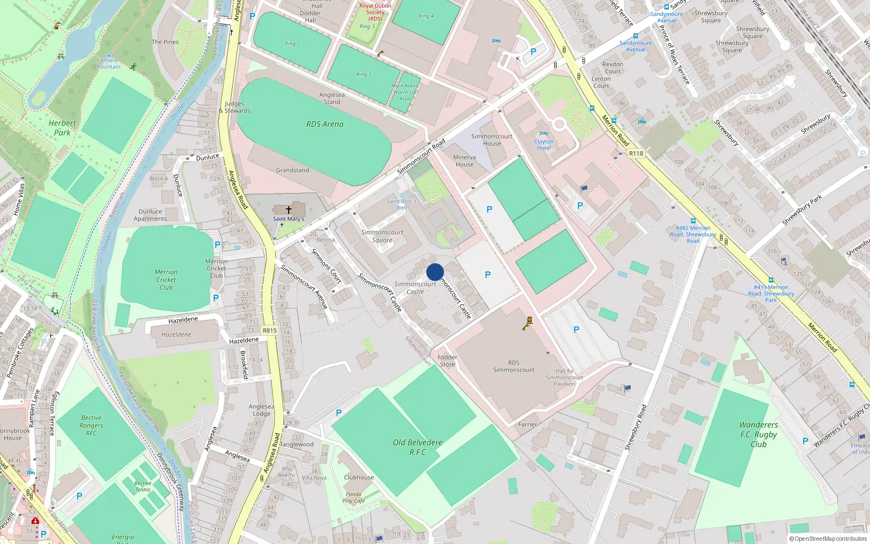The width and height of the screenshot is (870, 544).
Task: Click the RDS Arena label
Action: pos(325,124)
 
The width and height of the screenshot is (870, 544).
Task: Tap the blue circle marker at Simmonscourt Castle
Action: pos(435,272)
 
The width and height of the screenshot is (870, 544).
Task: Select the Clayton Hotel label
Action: pos(544,145)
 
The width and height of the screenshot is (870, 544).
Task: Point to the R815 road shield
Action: pos(270,330)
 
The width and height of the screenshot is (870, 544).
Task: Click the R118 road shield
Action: pos(636,153)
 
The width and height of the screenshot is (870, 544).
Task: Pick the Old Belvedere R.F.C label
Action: pos(418,447)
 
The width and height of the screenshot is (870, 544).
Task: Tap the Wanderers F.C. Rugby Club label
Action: pos(759,434)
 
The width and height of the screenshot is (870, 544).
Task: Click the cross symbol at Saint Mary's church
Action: pos(289,209)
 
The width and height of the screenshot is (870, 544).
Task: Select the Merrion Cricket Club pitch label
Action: pos(166,280)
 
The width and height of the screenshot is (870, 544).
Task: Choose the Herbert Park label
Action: pos(62,128)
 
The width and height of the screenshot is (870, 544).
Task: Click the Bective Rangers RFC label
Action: pos(91,425)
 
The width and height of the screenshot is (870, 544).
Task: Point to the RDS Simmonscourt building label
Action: pos(513,366)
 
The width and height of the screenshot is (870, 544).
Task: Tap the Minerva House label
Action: pos(464,160)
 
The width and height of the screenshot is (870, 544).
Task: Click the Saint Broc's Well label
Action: pos(401,204)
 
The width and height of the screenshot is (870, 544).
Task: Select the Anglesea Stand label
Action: pos(332,98)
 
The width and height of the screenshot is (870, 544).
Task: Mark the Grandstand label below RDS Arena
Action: pos(293,170)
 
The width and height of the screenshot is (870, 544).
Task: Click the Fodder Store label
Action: pos(448,361)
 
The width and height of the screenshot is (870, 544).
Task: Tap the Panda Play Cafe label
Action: pos(353,498)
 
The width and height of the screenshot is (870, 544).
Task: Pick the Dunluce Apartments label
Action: pos(150,215)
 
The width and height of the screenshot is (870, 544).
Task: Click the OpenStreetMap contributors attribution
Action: pos(830,539)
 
